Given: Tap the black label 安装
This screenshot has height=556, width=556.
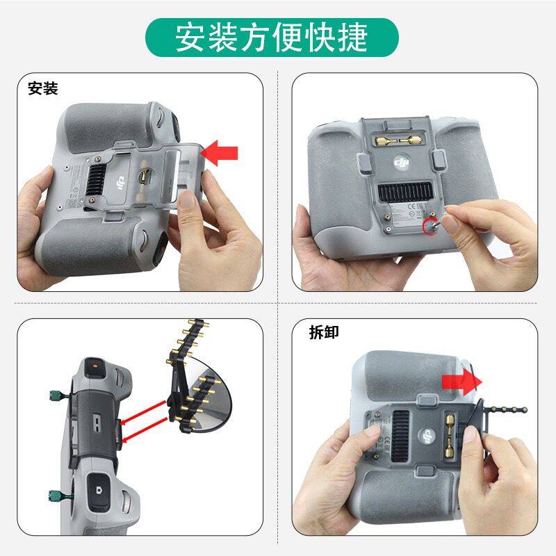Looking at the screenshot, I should (x=42, y=89).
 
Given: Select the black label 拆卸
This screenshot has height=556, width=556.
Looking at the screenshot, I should (x=324, y=332).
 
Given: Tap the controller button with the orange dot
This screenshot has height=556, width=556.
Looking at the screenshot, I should (x=95, y=366).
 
